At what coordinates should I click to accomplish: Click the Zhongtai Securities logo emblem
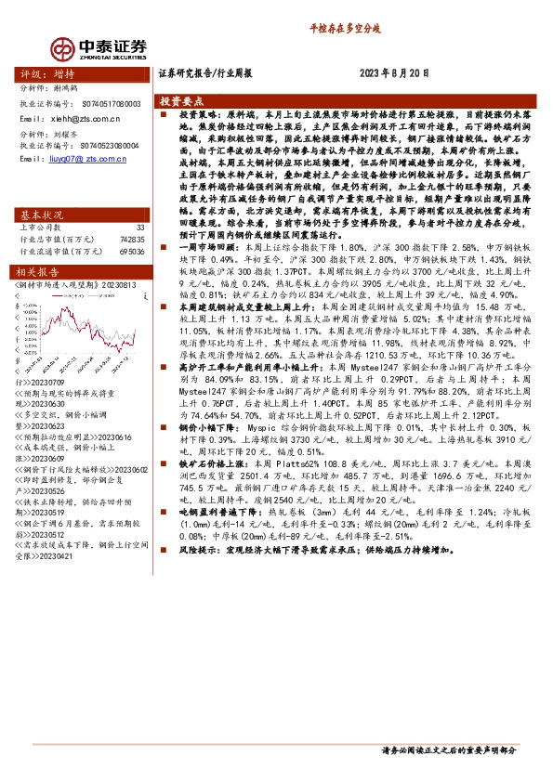[x=63, y=47]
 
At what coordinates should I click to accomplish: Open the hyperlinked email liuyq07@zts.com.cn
[x=86, y=159]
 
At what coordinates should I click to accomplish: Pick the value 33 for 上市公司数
[x=140, y=227]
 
